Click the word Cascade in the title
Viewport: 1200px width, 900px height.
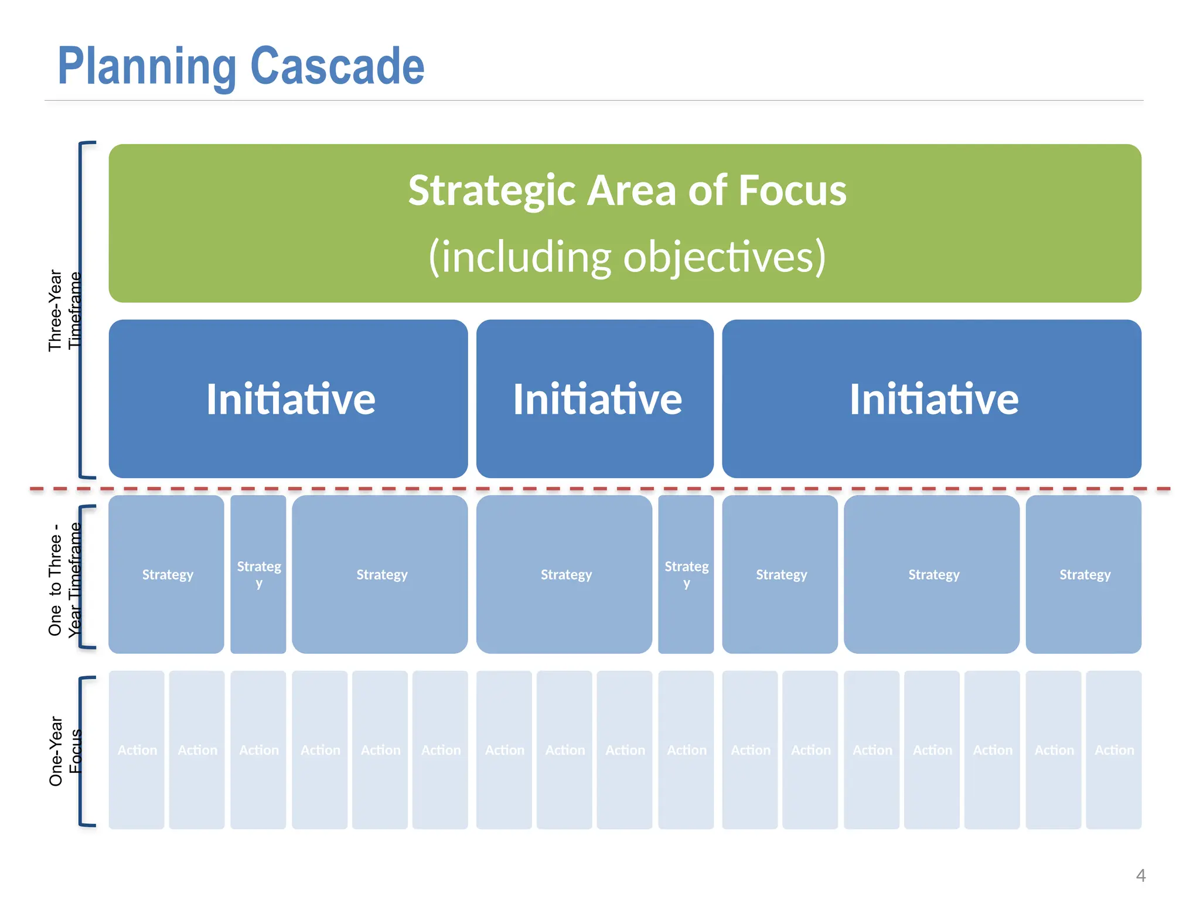coord(337,66)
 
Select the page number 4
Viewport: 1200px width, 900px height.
coord(1140,875)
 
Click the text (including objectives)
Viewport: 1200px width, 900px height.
coord(627,257)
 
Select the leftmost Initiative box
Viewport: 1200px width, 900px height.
coord(288,399)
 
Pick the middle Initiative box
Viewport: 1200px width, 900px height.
coord(595,399)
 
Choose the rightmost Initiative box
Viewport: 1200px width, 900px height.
coord(932,399)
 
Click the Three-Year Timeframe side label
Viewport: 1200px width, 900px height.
coord(64,311)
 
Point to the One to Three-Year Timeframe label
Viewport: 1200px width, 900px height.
coord(64,579)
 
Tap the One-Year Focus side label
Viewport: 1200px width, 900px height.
coord(64,751)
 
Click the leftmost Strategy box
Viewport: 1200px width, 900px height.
coord(166,575)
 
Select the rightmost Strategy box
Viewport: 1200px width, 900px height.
coord(1083,575)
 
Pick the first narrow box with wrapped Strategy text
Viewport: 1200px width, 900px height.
coord(258,575)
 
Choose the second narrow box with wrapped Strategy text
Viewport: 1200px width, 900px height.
coord(686,575)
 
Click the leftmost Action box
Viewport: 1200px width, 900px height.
coord(137,750)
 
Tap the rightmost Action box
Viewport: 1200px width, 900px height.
coord(1113,750)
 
